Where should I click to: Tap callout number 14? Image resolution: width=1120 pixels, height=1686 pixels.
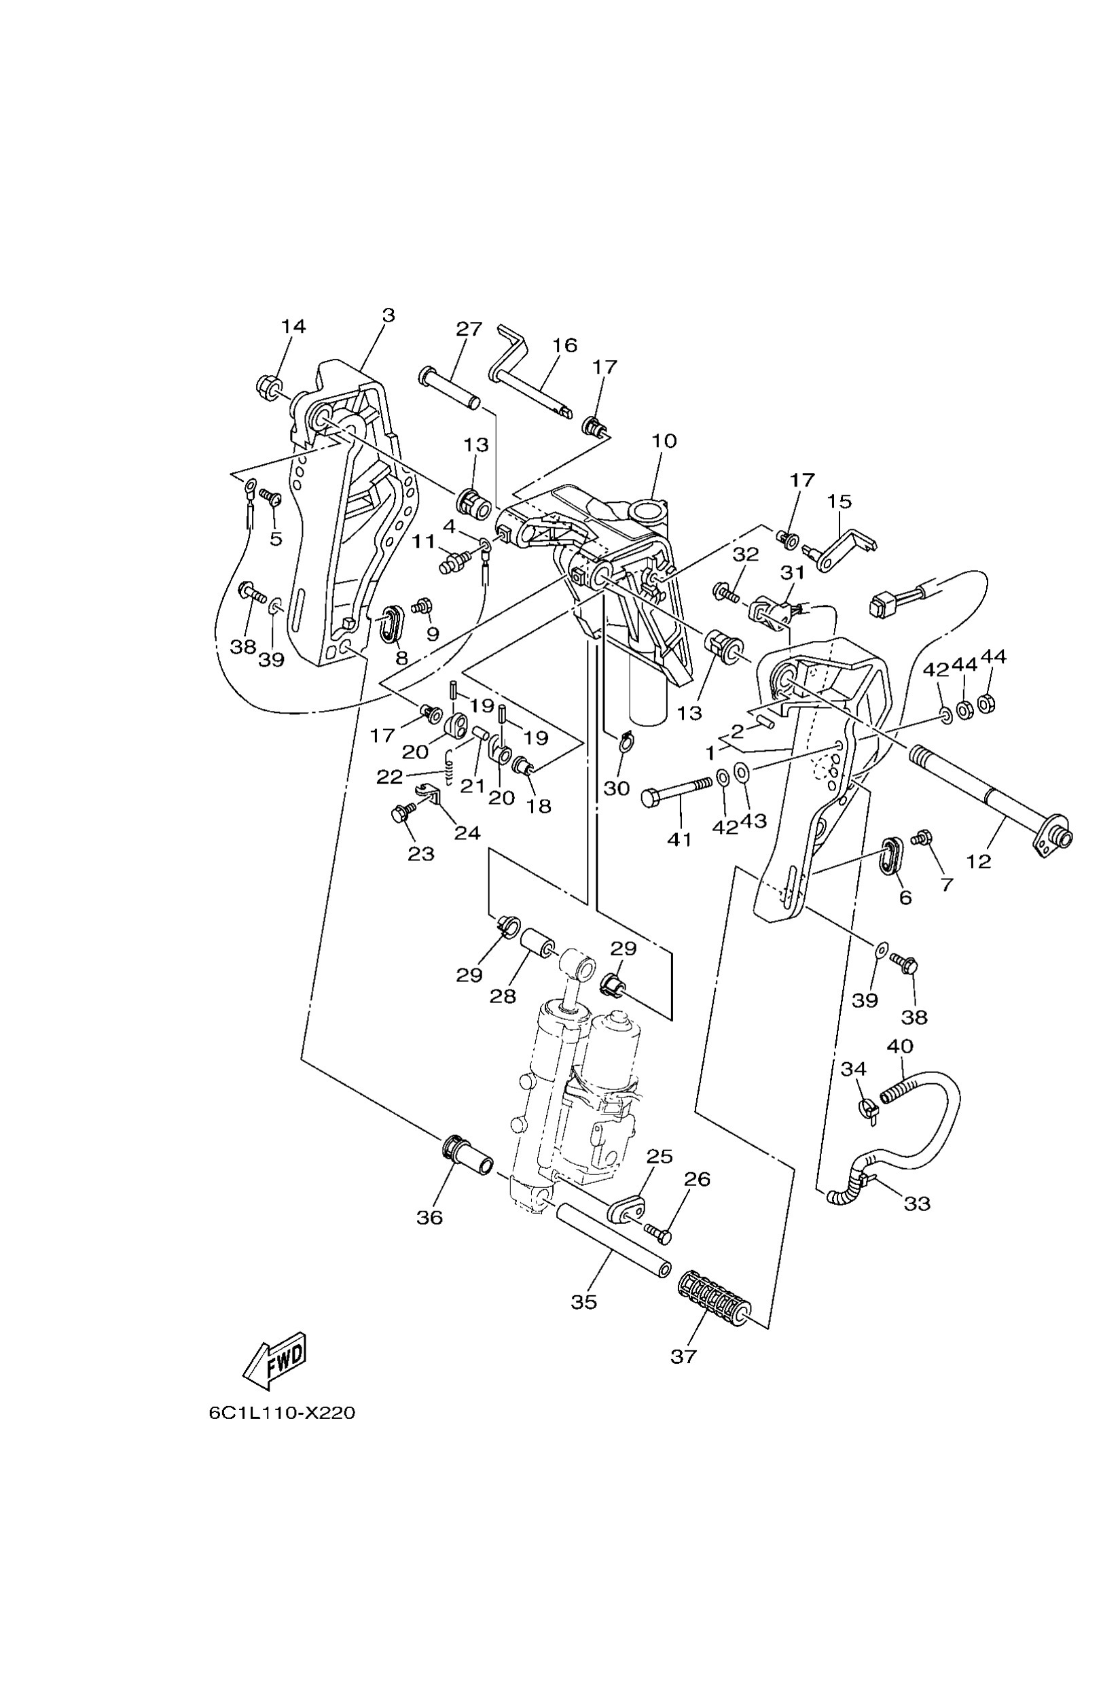[293, 327]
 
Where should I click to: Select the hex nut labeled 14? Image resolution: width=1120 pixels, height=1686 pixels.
[268, 388]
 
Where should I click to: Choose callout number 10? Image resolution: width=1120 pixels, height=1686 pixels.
[664, 441]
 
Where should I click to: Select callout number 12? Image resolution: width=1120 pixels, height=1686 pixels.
[979, 861]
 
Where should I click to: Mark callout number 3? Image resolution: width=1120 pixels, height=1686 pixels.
[388, 315]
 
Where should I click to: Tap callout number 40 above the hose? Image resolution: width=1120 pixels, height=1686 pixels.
[899, 1047]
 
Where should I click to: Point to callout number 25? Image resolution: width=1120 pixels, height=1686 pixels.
[660, 1157]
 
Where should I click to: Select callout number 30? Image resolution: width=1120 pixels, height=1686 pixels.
[617, 788]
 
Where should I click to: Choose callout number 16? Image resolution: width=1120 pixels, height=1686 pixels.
[564, 345]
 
